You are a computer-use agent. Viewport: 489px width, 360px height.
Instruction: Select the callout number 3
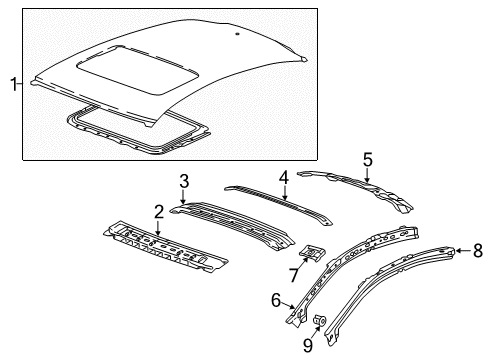pyautogui.click(x=184, y=180)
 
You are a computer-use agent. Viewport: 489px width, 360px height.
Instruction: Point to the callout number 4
pyautogui.click(x=284, y=177)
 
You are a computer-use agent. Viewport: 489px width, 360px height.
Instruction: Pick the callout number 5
pyautogui.click(x=367, y=158)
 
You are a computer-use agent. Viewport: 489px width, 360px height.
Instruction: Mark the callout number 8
pyautogui.click(x=477, y=252)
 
